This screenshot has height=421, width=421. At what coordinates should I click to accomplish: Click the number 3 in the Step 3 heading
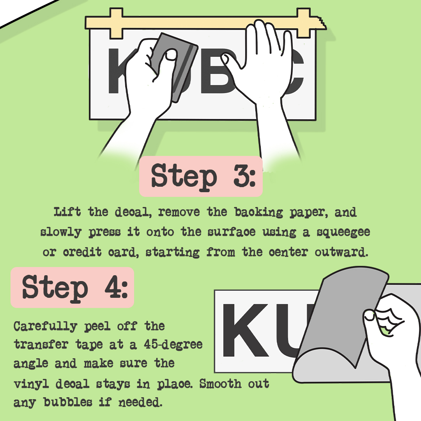pyautogui.click(x=239, y=176)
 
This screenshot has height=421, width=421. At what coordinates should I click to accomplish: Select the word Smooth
pyautogui.click(x=220, y=384)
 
